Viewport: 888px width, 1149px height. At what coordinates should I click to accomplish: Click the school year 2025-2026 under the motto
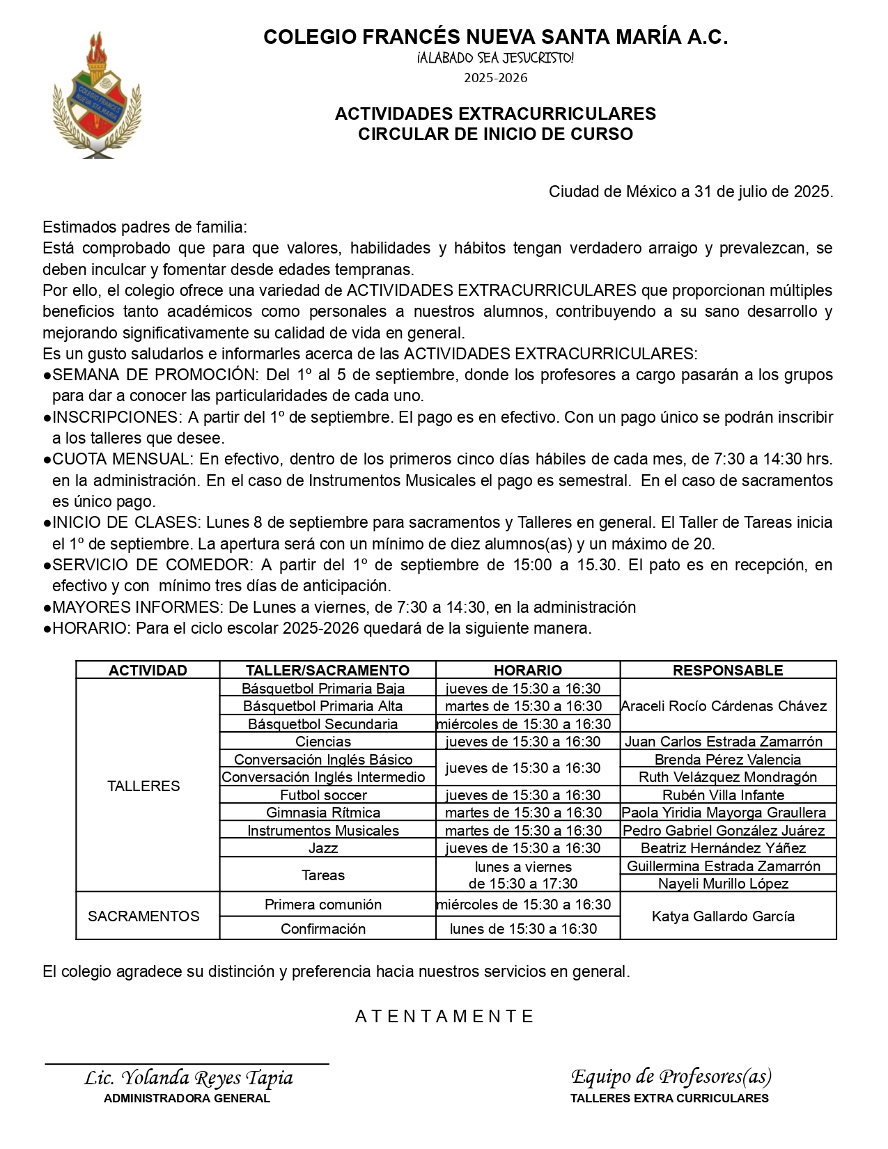click(x=495, y=78)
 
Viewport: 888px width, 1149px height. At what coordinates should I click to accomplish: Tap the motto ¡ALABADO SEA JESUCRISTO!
click(x=495, y=58)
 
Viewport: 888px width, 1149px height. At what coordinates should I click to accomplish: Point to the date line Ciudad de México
click(x=690, y=191)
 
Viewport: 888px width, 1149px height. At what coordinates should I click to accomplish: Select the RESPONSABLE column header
click(x=727, y=670)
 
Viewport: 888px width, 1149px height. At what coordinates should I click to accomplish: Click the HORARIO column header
click(x=527, y=670)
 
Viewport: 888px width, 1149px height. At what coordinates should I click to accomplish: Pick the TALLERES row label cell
click(x=143, y=785)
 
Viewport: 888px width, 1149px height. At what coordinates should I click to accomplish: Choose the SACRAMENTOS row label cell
click(x=143, y=916)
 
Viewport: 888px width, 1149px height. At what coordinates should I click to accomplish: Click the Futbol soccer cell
click(x=323, y=795)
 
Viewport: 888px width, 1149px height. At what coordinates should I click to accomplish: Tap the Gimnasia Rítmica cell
click(x=323, y=813)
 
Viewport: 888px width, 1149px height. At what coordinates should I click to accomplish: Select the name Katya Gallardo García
click(x=723, y=916)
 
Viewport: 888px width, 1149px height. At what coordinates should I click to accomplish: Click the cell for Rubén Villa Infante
click(x=723, y=795)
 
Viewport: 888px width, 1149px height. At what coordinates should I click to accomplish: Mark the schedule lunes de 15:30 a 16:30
click(x=523, y=928)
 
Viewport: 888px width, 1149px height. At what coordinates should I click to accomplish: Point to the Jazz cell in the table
click(x=323, y=847)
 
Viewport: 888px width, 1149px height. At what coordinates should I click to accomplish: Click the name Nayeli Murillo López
click(x=723, y=884)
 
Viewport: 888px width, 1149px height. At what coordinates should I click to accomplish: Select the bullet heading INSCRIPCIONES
click(x=116, y=417)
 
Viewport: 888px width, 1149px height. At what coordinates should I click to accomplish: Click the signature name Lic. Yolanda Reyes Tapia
click(x=188, y=1078)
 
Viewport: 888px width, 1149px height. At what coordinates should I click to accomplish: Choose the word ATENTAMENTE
click(x=444, y=1017)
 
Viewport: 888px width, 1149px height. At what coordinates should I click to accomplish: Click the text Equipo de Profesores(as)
click(x=671, y=1077)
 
